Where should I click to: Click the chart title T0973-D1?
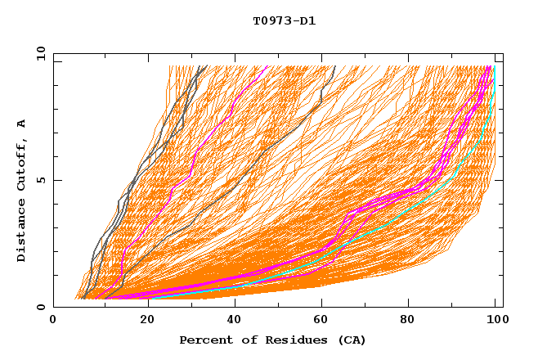[x=284, y=20]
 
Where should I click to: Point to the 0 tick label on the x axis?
[x=53, y=322]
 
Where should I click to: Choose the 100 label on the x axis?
[x=495, y=322]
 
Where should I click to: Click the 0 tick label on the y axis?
[x=40, y=308]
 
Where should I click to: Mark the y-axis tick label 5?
[x=40, y=180]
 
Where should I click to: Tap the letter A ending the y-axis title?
[x=22, y=124]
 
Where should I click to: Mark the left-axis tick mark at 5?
[x=56, y=180]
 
